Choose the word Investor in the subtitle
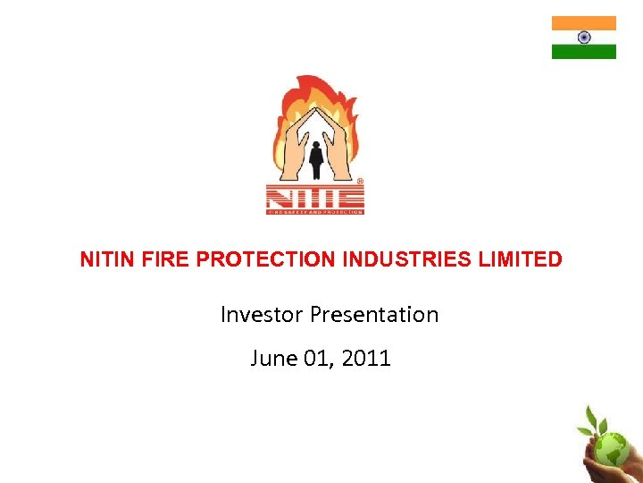262,315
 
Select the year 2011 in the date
367,359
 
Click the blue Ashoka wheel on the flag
584,38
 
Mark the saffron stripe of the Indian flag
584,23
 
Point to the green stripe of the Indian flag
584,52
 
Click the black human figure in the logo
315,157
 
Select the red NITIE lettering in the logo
313,196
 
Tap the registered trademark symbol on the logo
360,181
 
